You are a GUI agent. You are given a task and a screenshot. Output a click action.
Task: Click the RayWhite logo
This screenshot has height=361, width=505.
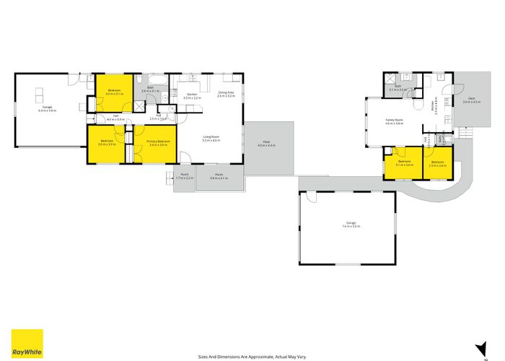point(27,344)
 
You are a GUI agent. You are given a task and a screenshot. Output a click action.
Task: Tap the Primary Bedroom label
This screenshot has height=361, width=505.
point(158,142)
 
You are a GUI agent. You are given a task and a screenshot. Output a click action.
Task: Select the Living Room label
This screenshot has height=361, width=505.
point(211,138)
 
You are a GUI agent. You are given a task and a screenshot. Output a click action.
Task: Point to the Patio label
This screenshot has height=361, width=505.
point(267,145)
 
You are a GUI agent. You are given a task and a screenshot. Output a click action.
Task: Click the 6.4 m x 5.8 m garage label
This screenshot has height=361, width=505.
point(47,108)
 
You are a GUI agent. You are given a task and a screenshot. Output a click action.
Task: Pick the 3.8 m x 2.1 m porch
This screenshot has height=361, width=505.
point(218,176)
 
